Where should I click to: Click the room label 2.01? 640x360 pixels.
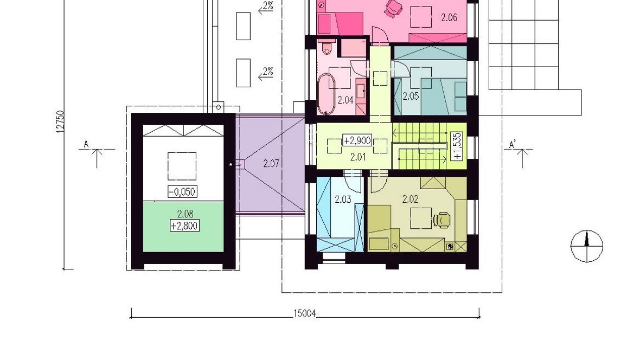pyautogui.click(x=358, y=157)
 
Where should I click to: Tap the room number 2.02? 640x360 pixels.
pyautogui.click(x=410, y=199)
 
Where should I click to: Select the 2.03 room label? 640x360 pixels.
pyautogui.click(x=343, y=200)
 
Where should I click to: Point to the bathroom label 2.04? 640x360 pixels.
pyautogui.click(x=345, y=100)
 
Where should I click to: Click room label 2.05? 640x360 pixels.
pyautogui.click(x=411, y=97)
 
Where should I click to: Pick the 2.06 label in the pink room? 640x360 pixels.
pyautogui.click(x=449, y=17)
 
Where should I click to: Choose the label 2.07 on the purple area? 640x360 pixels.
pyautogui.click(x=271, y=164)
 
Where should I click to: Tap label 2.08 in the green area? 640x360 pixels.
pyautogui.click(x=185, y=214)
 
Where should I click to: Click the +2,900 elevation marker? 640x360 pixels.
pyautogui.click(x=357, y=141)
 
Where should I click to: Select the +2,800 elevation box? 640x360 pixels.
pyautogui.click(x=185, y=226)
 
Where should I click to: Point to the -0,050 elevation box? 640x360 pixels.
pyautogui.click(x=182, y=191)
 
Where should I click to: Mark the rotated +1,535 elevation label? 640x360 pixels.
pyautogui.click(x=457, y=146)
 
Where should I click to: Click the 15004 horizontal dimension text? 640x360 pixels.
pyautogui.click(x=305, y=313)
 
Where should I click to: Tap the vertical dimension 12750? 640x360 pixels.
pyautogui.click(x=60, y=121)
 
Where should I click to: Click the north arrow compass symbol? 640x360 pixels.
pyautogui.click(x=586, y=246)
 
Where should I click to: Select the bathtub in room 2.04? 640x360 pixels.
pyautogui.click(x=326, y=93)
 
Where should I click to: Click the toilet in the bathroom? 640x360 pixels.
pyautogui.click(x=327, y=47)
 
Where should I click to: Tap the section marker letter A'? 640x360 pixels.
pyautogui.click(x=513, y=145)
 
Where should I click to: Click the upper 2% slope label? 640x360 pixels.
pyautogui.click(x=268, y=6)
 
